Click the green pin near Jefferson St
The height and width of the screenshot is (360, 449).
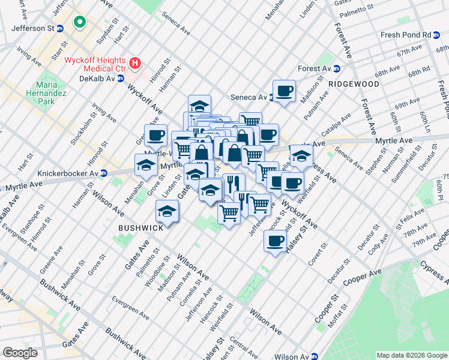point(79,23)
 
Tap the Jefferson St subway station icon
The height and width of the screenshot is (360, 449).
point(60,28)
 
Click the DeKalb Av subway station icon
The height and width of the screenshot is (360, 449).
point(121,79)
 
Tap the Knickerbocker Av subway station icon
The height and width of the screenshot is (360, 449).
point(103,173)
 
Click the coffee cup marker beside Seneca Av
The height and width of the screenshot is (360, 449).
point(284,92)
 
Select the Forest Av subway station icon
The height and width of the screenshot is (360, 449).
point(337,68)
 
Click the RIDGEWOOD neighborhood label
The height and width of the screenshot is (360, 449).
point(354,85)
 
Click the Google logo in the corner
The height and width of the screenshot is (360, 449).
point(19,352)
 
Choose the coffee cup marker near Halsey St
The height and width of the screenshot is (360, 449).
point(275,241)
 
